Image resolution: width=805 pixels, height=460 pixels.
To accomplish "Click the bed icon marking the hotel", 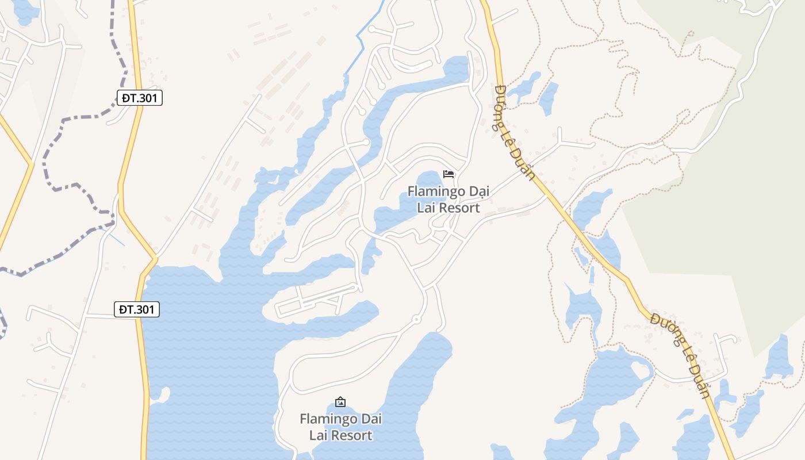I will pyautogui.click(x=448, y=174).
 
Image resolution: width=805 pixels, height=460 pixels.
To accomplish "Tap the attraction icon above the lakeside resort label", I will pyautogui.click(x=340, y=401).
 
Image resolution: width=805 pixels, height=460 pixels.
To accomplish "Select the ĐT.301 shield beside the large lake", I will pyautogui.click(x=137, y=310).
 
